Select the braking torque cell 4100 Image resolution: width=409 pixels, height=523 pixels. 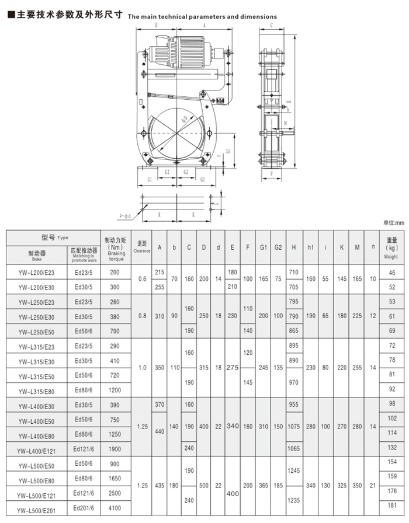click(115, 508)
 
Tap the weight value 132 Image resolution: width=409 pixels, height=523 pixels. click(391, 447)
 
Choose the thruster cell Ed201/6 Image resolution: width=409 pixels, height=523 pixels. click(84, 507)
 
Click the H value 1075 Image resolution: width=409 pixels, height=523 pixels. click(294, 426)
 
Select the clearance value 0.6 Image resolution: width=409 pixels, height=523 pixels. click(142, 280)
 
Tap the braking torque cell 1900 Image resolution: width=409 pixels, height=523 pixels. click(115, 448)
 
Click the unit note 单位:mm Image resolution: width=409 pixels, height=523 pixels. click(393, 223)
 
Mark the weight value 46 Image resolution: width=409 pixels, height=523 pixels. click(391, 273)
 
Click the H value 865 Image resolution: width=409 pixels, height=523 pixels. click(294, 331)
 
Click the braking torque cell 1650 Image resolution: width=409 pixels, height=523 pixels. click(115, 478)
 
